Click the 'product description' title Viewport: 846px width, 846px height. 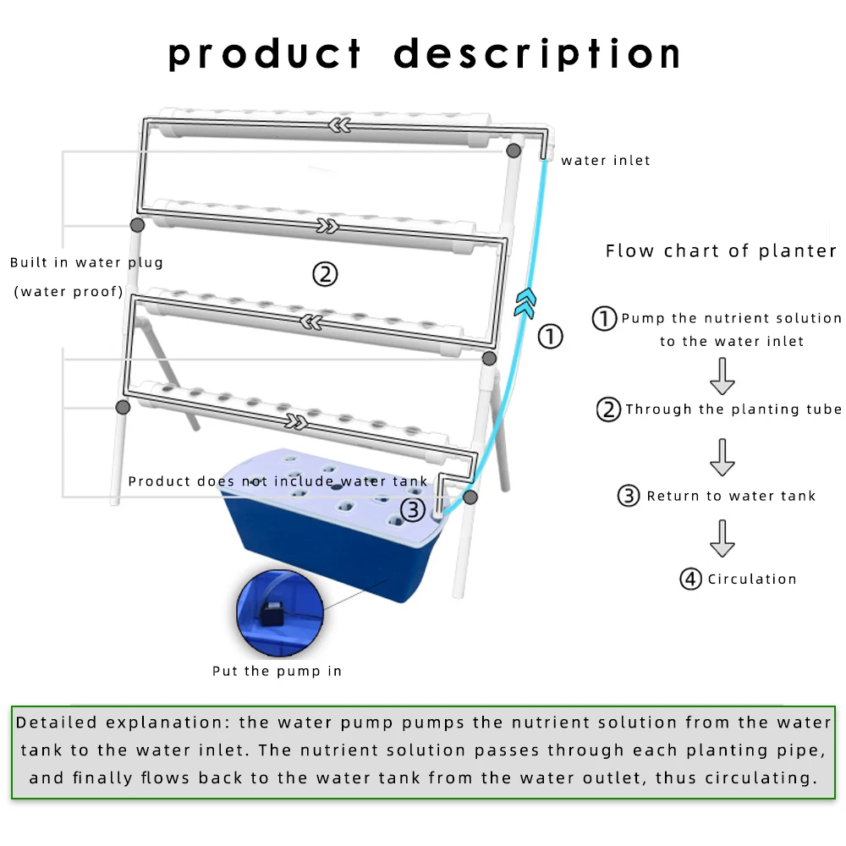(425, 54)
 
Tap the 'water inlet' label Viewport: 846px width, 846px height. (606, 160)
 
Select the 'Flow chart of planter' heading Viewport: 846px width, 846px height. (721, 250)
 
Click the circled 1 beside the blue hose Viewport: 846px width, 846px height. (551, 337)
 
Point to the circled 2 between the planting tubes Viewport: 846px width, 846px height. (325, 273)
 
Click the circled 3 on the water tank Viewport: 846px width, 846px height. (412, 509)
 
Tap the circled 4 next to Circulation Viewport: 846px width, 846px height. (691, 580)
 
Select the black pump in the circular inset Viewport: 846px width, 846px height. (273, 611)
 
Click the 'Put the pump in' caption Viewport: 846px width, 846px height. (277, 671)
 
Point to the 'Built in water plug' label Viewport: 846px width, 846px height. (86, 262)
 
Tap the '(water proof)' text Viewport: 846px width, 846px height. (68, 292)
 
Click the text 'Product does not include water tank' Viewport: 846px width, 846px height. (278, 481)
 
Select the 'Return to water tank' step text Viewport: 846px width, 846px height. (731, 496)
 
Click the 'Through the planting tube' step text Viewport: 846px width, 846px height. (733, 409)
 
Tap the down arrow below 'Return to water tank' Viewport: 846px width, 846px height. (722, 538)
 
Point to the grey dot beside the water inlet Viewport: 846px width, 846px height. (514, 151)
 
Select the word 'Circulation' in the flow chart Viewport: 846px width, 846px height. (752, 580)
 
